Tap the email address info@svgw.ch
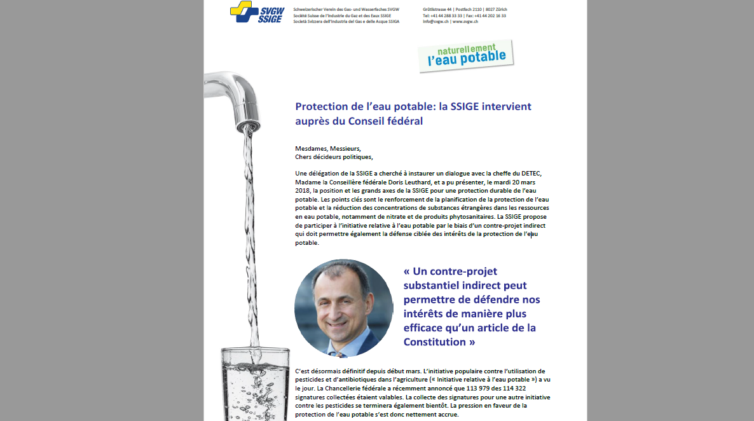pos(435,22)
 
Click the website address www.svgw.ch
pos(465,22)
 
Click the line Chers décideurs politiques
pos(334,156)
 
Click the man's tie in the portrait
pos(339,351)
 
